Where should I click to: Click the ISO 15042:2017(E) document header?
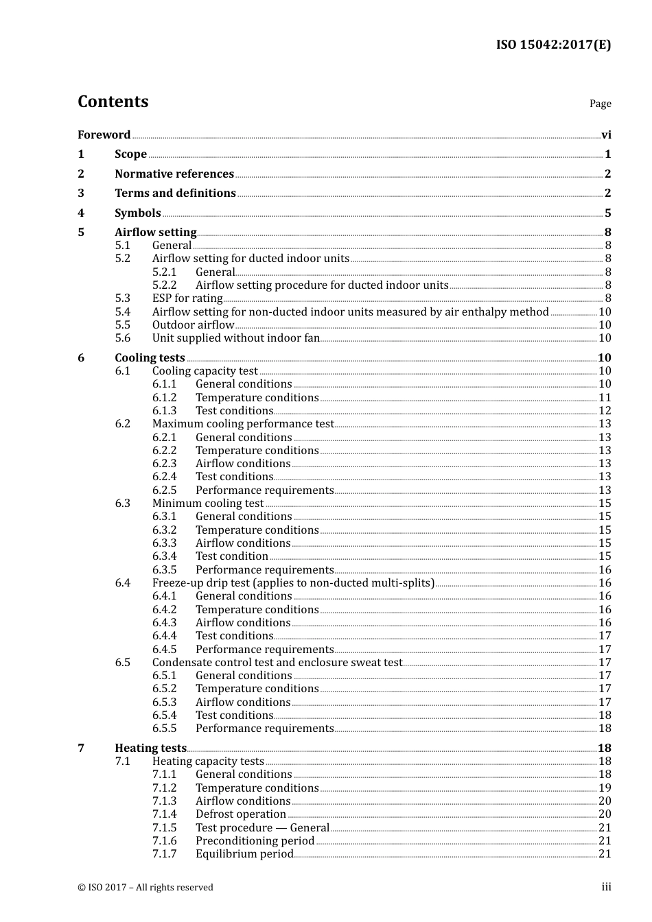click(x=553, y=45)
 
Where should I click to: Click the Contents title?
click(x=113, y=102)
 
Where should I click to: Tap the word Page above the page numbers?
click(x=600, y=104)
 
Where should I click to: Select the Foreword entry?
click(x=104, y=135)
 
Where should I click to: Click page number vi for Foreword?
click(x=606, y=135)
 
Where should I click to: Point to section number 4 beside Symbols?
click(x=81, y=213)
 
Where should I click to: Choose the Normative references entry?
click(x=174, y=174)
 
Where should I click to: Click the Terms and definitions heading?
click(x=175, y=193)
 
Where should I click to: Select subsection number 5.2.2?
click(x=165, y=285)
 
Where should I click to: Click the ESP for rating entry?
click(x=187, y=298)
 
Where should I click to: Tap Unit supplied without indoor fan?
click(x=236, y=338)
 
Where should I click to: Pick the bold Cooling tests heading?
click(x=150, y=358)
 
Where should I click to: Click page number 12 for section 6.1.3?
click(x=605, y=411)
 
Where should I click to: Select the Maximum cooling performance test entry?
click(x=243, y=424)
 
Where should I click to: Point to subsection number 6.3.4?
click(x=165, y=556)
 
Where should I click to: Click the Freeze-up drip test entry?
click(x=293, y=583)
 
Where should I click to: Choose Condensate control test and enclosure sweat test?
click(x=277, y=663)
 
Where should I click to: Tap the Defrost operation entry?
click(x=241, y=814)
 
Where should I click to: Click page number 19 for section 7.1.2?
click(x=605, y=788)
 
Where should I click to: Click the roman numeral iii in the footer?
click(x=607, y=887)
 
